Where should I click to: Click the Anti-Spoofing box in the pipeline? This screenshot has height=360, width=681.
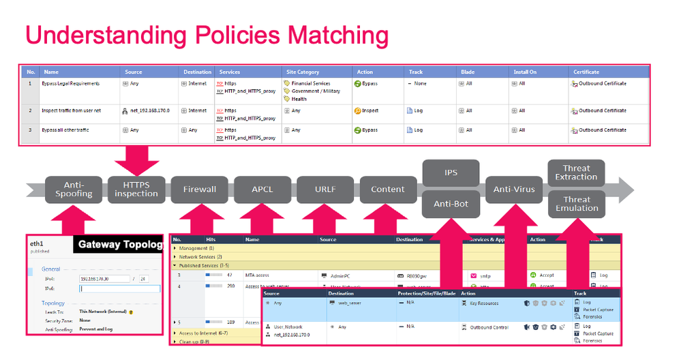click(x=74, y=190)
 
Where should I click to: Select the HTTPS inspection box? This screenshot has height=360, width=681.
click(x=136, y=190)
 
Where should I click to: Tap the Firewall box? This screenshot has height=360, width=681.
click(x=198, y=190)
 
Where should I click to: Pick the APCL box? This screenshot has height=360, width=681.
click(x=262, y=190)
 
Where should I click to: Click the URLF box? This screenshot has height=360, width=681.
click(x=324, y=190)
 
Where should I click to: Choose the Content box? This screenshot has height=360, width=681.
click(x=388, y=190)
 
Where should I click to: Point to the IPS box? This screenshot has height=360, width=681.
click(x=451, y=173)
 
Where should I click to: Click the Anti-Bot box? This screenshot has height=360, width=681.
click(x=451, y=204)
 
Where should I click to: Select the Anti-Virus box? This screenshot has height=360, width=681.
click(x=513, y=190)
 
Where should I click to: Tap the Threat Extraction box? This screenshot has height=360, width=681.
click(x=576, y=172)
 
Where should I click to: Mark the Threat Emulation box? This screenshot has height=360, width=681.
click(x=577, y=204)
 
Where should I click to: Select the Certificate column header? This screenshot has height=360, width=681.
click(x=586, y=72)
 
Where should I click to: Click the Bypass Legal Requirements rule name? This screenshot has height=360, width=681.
click(x=71, y=83)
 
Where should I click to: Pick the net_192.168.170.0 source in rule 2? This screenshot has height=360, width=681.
click(x=150, y=110)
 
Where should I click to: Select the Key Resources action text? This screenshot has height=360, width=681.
click(x=484, y=303)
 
